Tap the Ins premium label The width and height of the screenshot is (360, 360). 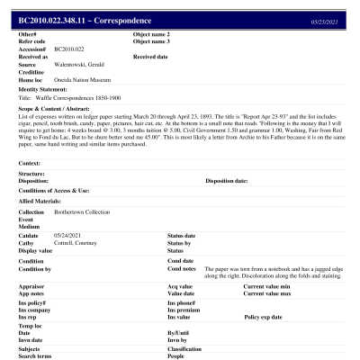click(185, 310)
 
